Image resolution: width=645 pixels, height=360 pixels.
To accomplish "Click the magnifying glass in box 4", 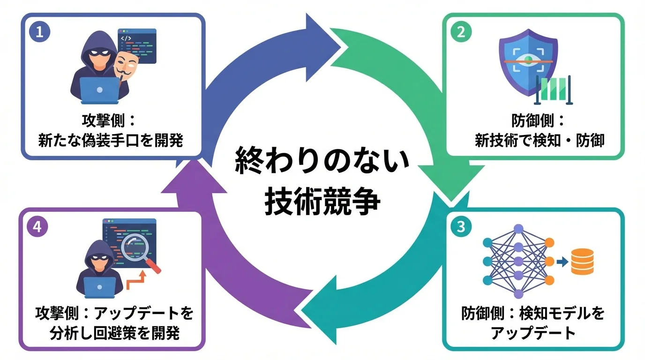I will point(136,248).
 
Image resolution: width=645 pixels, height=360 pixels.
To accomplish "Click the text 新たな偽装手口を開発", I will point(111,140).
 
